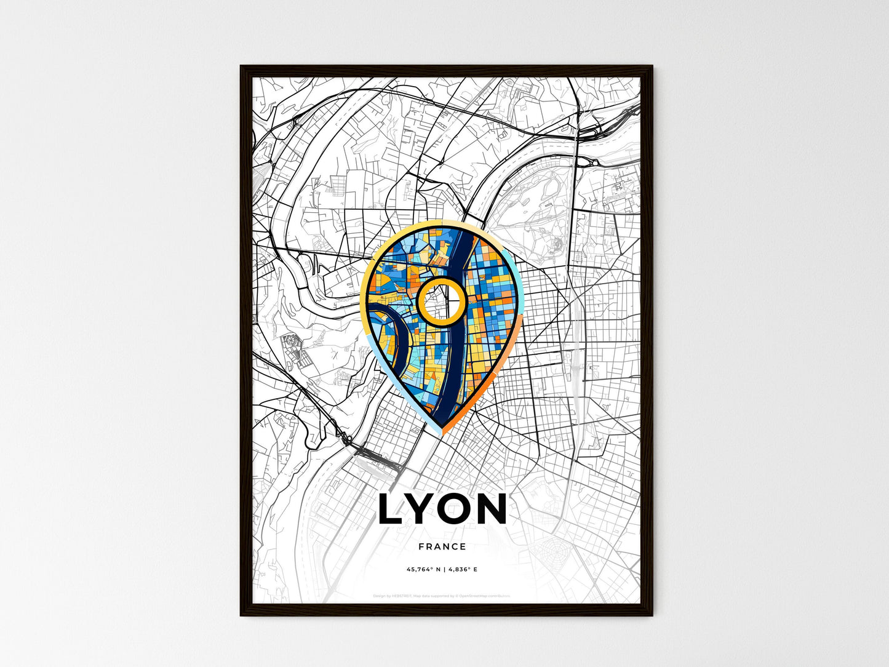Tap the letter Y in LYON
click(425, 510)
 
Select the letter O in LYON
click(460, 510)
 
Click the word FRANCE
click(442, 546)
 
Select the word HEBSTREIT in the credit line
click(401, 596)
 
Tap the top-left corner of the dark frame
click(241, 66)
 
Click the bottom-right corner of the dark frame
click(652, 615)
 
